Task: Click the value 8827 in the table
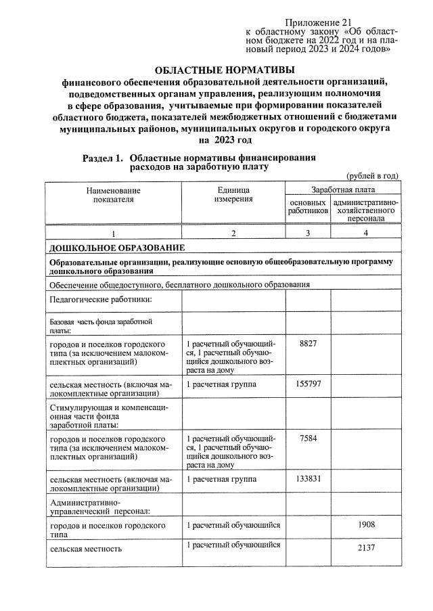(308, 344)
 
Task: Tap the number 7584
(308, 438)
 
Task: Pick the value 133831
(308, 478)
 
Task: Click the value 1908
(365, 524)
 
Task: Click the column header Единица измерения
(233, 195)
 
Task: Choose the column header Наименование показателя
(114, 195)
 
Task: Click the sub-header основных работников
(308, 207)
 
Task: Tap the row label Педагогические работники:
(100, 299)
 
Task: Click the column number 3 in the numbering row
(308, 233)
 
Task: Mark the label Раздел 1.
(103, 158)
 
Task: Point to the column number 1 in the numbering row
(114, 233)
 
